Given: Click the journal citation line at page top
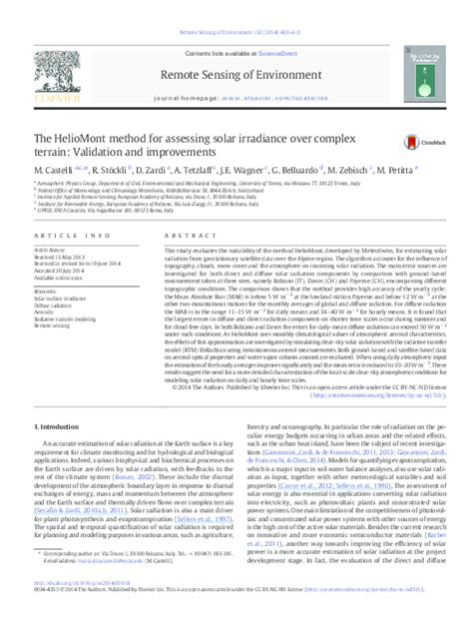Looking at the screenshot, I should [x=236, y=7].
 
